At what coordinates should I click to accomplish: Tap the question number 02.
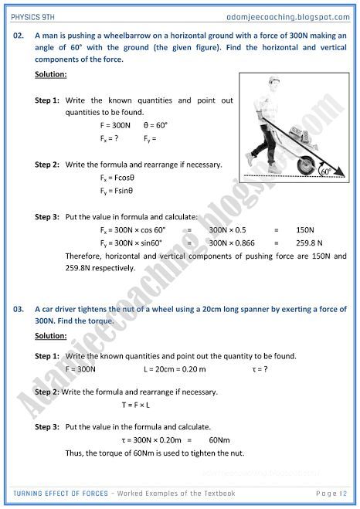21,36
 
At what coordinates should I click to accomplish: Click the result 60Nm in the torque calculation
220,439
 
